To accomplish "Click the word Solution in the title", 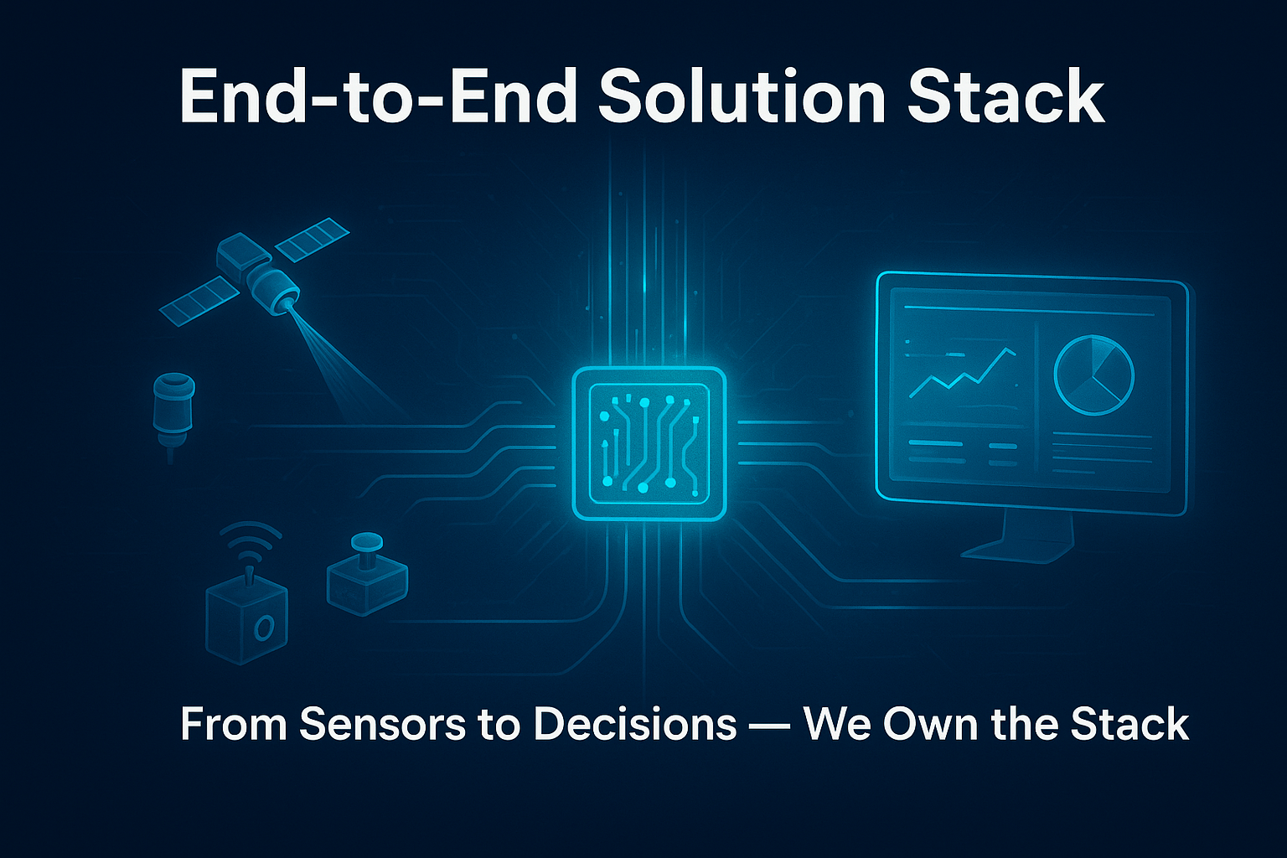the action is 742,96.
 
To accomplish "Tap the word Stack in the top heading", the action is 1006,96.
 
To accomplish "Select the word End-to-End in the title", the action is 378,96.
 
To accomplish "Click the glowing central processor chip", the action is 649,443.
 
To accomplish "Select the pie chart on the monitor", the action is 1094,375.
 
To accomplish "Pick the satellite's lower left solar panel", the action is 199,301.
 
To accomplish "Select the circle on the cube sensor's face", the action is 263,628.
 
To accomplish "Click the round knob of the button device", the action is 366,540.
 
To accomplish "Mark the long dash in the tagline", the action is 770,726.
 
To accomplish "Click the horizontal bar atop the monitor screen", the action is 1029,311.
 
